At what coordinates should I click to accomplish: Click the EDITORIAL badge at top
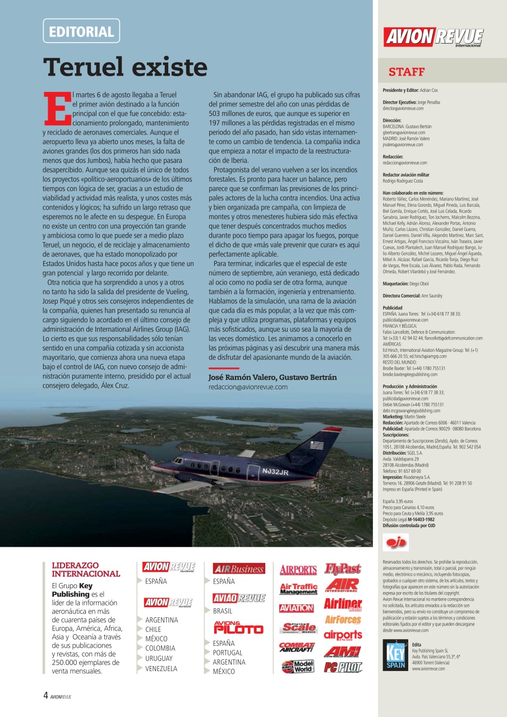click(x=81, y=31)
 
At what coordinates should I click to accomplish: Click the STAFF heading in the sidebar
click(x=407, y=72)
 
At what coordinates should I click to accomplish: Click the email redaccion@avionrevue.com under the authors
click(x=248, y=387)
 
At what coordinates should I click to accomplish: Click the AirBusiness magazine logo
click(x=239, y=569)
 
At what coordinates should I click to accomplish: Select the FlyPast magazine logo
click(x=343, y=569)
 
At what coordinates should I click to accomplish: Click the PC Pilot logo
click(x=343, y=667)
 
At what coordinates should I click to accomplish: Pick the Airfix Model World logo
click(x=298, y=667)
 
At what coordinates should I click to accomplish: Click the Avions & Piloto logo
click(x=238, y=627)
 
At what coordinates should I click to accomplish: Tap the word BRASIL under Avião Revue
click(x=222, y=611)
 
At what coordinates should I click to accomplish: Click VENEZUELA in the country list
click(x=161, y=668)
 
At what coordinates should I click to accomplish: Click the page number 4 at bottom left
click(x=45, y=696)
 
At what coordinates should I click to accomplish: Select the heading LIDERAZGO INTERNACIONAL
click(x=85, y=570)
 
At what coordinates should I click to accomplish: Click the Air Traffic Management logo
click(x=298, y=589)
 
